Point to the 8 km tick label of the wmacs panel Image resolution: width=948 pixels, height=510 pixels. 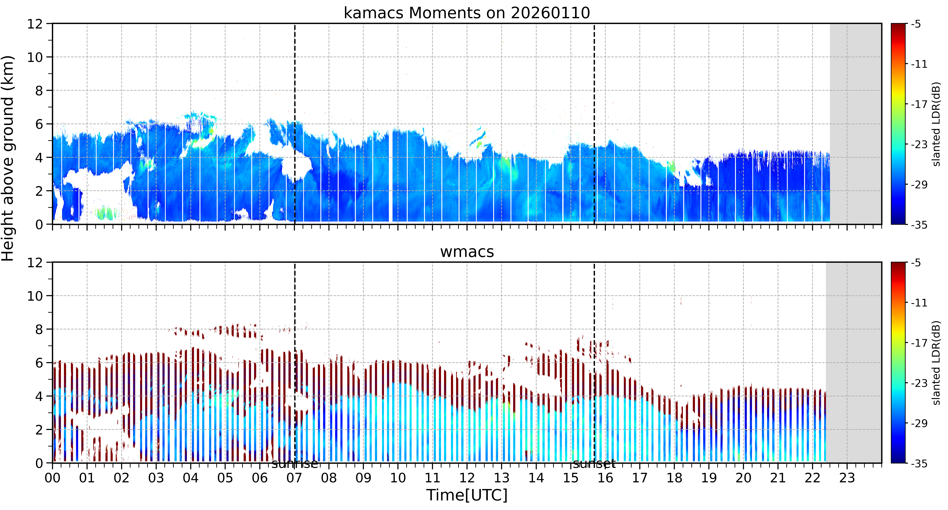coord(39,329)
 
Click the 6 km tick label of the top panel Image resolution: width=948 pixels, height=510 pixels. coord(39,124)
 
